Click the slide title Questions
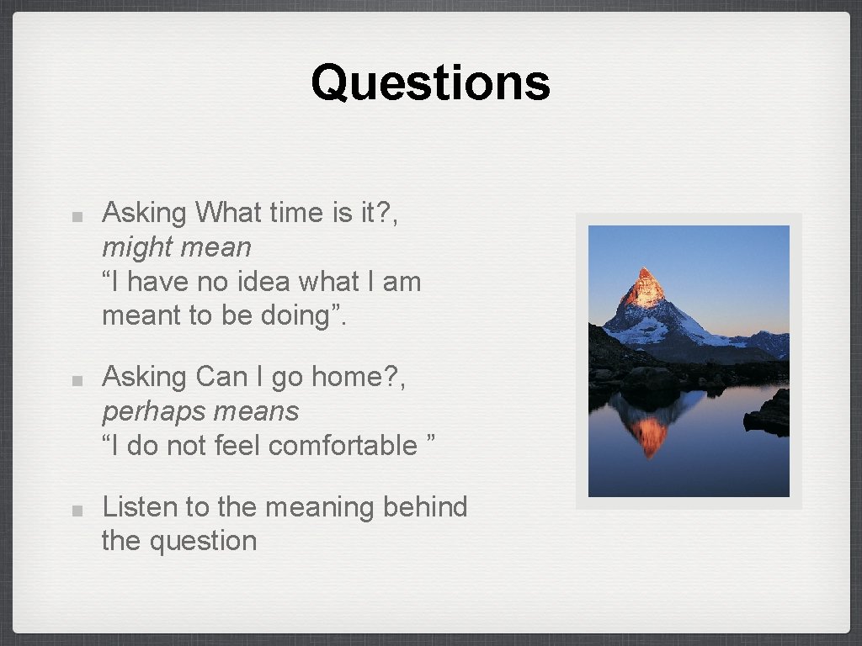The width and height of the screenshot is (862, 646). [430, 83]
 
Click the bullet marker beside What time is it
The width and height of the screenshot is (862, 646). [77, 215]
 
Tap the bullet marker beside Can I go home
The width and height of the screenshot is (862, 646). [77, 379]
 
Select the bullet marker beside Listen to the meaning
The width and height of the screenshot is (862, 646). [77, 510]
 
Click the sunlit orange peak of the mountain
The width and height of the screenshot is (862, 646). [645, 286]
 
